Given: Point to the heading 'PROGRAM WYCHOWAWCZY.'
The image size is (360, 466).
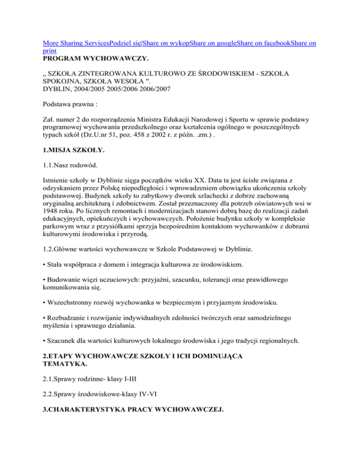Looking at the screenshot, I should click(x=94, y=60).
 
